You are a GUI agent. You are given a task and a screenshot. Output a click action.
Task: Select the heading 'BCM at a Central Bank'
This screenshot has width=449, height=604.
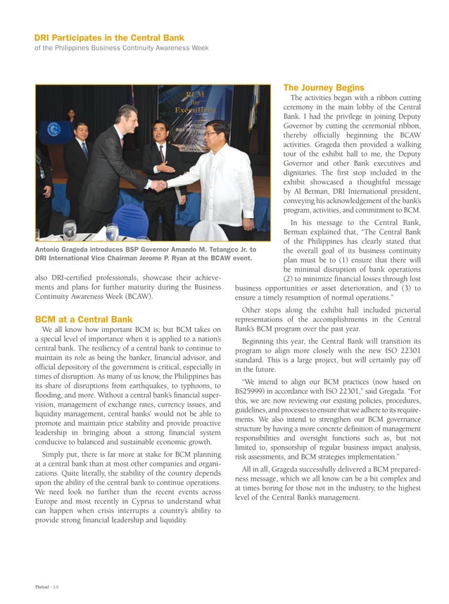click(x=84, y=319)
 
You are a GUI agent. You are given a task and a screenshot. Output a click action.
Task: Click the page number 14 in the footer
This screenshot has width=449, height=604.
click(x=56, y=586)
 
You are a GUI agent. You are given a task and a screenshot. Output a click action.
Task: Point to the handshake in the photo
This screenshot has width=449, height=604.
click(x=159, y=185)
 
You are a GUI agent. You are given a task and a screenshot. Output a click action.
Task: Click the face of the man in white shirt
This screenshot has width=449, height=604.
click(x=216, y=133)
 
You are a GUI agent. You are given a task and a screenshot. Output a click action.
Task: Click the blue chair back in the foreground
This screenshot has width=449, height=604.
click(x=132, y=218)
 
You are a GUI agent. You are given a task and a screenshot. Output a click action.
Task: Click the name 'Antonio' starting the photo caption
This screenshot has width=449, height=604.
click(x=50, y=250)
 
